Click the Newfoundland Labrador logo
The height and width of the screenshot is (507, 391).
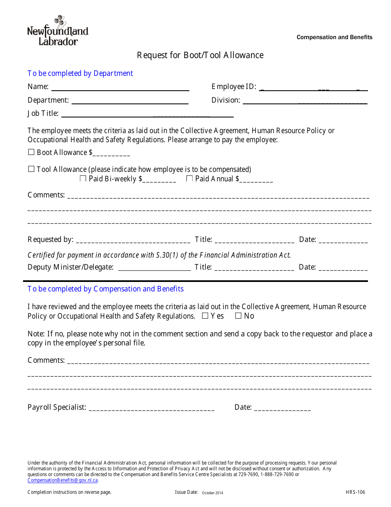(x=58, y=31)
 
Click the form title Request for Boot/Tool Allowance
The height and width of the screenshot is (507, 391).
(x=200, y=55)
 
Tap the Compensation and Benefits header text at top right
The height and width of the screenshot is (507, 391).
(x=334, y=37)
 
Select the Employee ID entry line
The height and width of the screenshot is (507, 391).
(x=314, y=88)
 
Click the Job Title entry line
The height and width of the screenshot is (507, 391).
(x=147, y=115)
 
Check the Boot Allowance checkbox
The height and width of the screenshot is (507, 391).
(x=31, y=152)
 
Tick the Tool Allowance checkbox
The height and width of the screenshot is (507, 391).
(x=31, y=169)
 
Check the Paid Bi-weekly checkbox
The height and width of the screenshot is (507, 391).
(x=83, y=178)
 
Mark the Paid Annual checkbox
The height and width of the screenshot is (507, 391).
(x=190, y=178)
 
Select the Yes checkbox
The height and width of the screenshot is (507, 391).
(x=205, y=316)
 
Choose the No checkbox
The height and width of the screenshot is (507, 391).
(x=238, y=316)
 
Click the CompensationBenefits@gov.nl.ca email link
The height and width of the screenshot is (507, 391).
(x=63, y=480)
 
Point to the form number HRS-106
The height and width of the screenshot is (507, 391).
(x=355, y=492)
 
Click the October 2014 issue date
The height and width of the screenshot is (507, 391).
(x=212, y=493)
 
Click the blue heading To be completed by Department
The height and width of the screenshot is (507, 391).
(x=80, y=73)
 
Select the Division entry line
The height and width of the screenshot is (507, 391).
(x=305, y=102)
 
